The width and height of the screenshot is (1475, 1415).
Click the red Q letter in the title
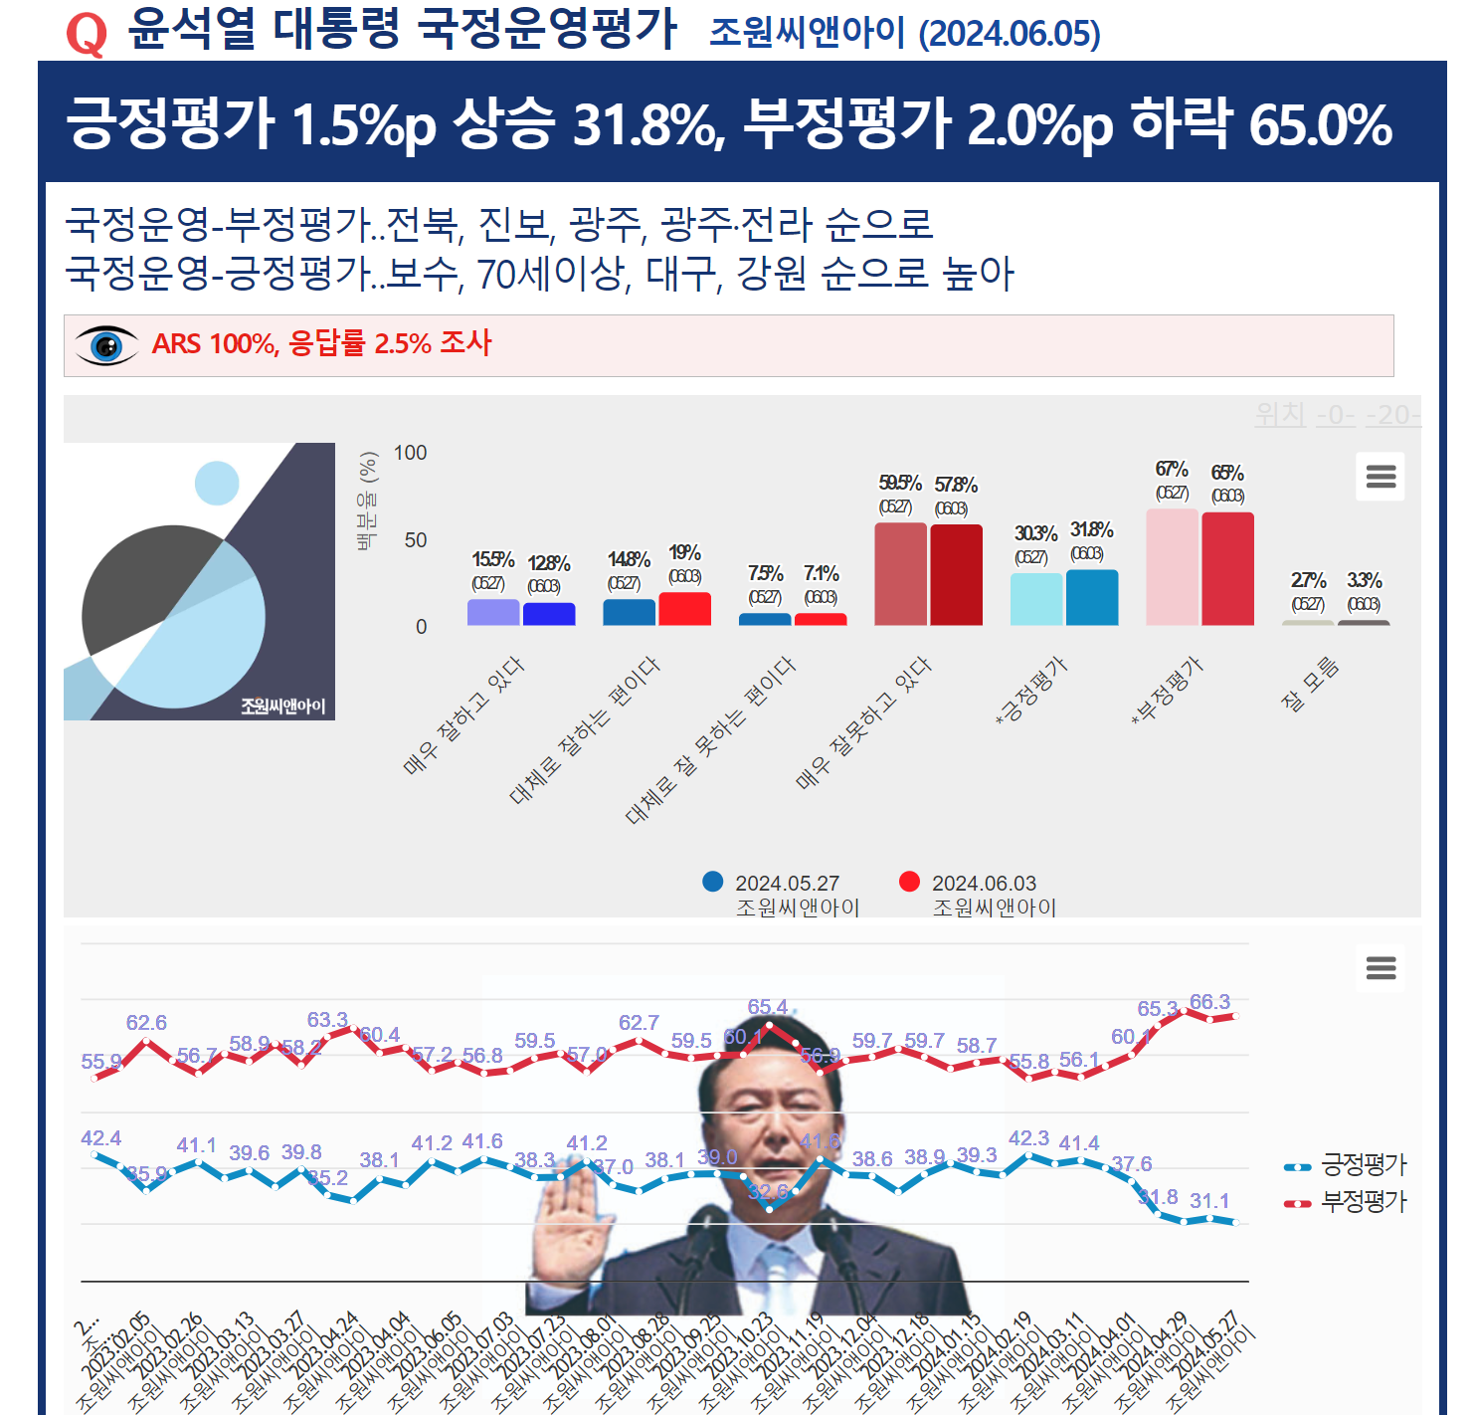coord(87,34)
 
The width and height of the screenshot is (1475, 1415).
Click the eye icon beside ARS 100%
coord(106,345)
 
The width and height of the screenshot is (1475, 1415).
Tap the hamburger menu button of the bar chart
coord(1381,477)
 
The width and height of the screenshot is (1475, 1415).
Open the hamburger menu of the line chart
coord(1381,967)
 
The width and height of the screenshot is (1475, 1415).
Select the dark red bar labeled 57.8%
coord(956,574)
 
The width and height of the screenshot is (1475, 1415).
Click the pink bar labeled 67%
coord(1172,567)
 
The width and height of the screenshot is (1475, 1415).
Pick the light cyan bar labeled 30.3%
coord(1035,599)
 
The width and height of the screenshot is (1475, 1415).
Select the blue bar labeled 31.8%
coord(1091,597)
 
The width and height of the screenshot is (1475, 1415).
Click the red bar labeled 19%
coord(684,609)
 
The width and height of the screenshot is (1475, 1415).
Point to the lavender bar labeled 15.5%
coord(493,612)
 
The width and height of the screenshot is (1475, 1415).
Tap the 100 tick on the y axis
coord(410,453)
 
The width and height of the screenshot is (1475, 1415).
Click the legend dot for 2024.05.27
coord(713,882)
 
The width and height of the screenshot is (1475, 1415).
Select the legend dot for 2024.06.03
coord(909,882)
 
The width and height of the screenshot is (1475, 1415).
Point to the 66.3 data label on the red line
coord(1209,1002)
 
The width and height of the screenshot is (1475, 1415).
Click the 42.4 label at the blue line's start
coord(100,1138)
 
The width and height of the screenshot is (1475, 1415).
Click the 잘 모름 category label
coord(1311,685)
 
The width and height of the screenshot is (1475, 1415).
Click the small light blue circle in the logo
coord(217,484)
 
